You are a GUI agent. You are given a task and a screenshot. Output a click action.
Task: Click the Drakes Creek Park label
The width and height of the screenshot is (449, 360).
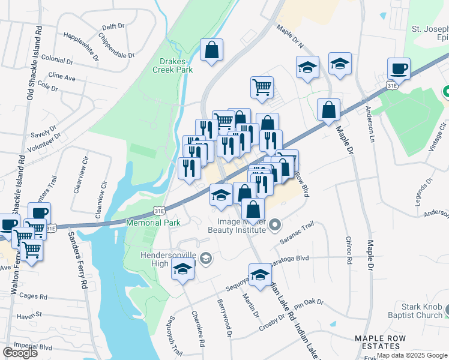pyautogui.click(x=176, y=65)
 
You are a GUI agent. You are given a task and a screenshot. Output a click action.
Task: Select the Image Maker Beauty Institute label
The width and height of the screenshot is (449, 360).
pyautogui.click(x=237, y=225)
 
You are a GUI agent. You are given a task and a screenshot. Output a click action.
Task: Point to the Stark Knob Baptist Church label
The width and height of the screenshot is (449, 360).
pyautogui.click(x=422, y=311)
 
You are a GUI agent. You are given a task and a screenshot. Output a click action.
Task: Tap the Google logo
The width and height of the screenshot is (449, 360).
pyautogui.click(x=20, y=353)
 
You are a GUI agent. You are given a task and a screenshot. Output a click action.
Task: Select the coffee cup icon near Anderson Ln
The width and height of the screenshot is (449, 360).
pyautogui.click(x=399, y=69)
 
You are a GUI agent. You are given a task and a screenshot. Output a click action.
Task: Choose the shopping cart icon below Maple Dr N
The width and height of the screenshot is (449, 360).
pyautogui.click(x=262, y=88)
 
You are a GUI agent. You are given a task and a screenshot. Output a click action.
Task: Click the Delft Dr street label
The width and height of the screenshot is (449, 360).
pyautogui.click(x=113, y=27)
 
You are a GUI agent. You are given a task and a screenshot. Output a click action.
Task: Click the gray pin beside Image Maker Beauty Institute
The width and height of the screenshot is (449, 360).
pyautogui.click(x=275, y=225)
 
